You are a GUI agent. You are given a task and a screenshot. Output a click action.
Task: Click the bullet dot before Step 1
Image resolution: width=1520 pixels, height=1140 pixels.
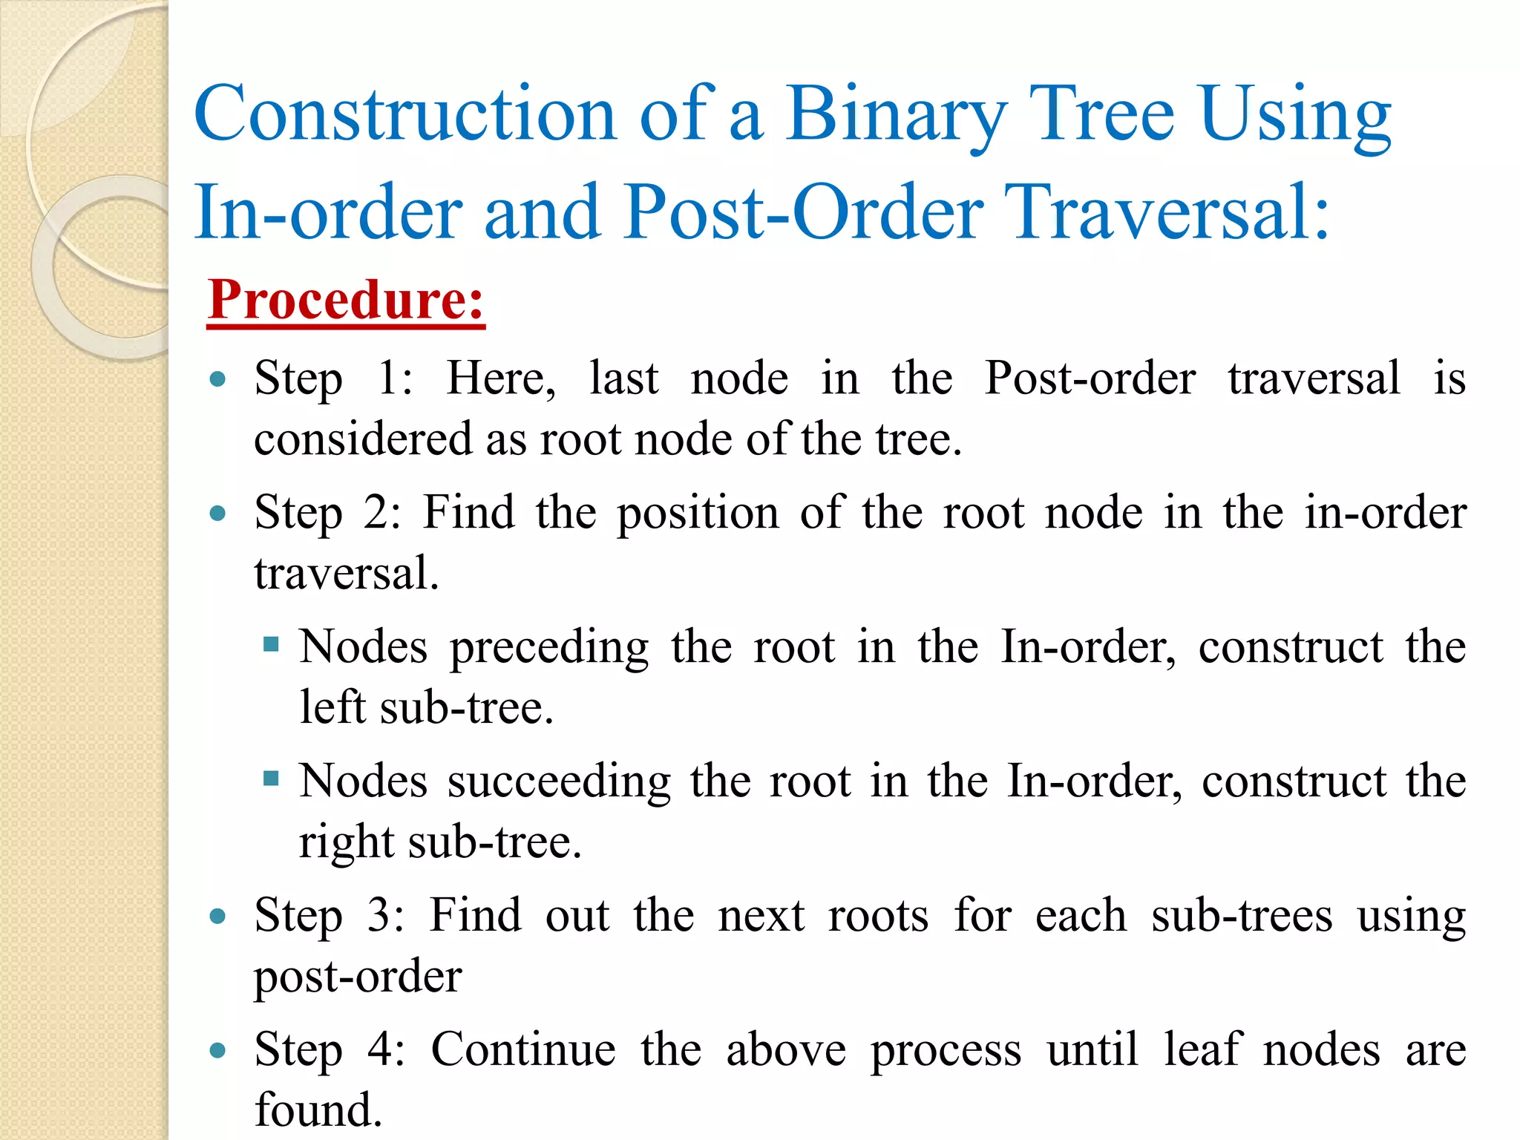pyautogui.click(x=217, y=380)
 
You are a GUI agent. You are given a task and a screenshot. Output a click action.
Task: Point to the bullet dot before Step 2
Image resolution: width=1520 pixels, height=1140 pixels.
pyautogui.click(x=217, y=514)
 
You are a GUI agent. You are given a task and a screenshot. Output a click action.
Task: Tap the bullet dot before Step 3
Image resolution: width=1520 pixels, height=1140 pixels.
pyautogui.click(x=217, y=916)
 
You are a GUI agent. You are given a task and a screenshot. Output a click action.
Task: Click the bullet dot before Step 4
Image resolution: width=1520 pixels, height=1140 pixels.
pyautogui.click(x=217, y=1050)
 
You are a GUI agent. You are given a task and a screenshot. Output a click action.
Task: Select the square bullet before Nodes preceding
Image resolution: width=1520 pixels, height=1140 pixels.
pyautogui.click(x=271, y=643)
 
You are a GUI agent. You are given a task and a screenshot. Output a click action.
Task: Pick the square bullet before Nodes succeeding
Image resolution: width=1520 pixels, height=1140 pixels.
pyautogui.click(x=271, y=778)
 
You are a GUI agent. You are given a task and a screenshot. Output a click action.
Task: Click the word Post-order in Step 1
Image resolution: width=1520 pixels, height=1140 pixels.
pyautogui.click(x=1090, y=379)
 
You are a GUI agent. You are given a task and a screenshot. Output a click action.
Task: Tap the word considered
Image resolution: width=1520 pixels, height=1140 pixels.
pyautogui.click(x=363, y=439)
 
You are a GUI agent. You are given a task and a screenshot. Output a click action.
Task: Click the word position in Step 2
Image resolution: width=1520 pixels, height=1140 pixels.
pyautogui.click(x=698, y=514)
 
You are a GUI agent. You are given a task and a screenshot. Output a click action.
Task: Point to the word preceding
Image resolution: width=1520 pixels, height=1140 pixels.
pyautogui.click(x=548, y=648)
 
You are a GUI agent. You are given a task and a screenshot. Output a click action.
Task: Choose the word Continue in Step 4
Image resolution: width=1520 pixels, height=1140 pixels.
pyautogui.click(x=523, y=1049)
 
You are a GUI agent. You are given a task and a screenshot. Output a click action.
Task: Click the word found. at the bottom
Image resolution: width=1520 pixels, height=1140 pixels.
pyautogui.click(x=318, y=1110)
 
